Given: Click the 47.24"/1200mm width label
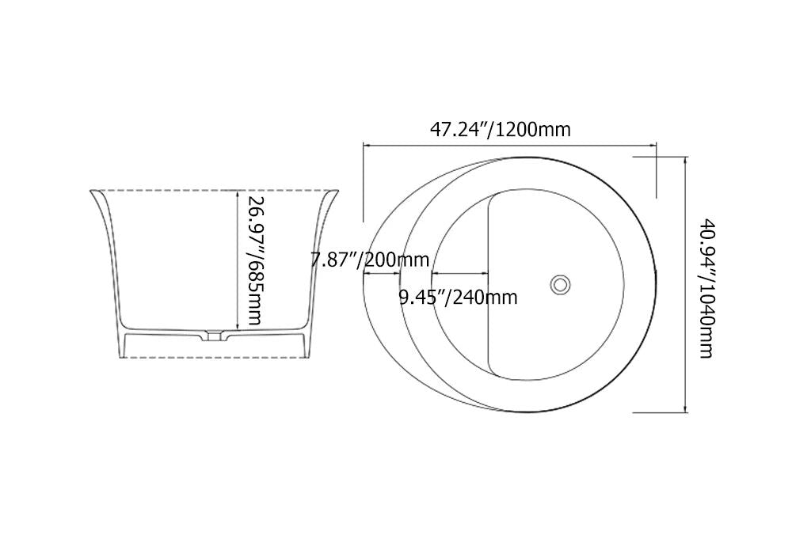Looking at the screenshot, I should tap(500, 129).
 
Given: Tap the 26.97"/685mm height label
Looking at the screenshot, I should tap(254, 261).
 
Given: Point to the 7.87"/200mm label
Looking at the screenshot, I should tap(370, 259).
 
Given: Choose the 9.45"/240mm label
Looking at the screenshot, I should tap(458, 298).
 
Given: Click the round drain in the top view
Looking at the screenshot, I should tap(561, 283).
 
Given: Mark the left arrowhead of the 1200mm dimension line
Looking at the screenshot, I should tap(367, 145).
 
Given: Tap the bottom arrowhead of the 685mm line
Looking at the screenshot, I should tap(237, 328).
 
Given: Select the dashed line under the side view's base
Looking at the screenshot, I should tap(214, 358).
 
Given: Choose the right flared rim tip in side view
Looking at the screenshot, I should tap(338, 192).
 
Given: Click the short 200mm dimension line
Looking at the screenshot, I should tap(383, 274).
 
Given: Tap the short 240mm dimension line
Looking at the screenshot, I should tap(459, 274).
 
